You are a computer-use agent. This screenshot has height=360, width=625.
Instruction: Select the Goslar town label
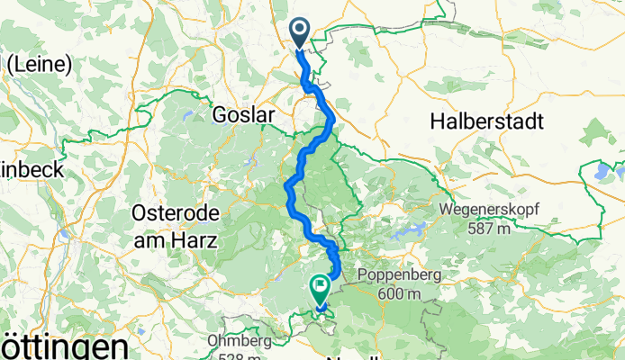click(240, 116)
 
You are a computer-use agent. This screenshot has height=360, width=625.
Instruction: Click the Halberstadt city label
click(486, 120)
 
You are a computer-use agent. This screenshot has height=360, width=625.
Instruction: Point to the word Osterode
click(172, 214)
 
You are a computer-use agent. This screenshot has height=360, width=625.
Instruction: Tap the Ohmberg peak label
click(240, 342)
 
